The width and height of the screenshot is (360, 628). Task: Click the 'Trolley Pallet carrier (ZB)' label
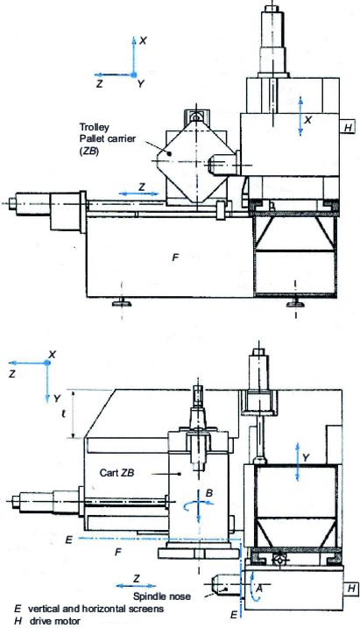click(x=108, y=139)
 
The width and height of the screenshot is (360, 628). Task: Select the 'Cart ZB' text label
click(x=116, y=473)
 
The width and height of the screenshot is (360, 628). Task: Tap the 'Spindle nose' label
click(x=162, y=596)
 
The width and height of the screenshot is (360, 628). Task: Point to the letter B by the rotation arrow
click(x=209, y=493)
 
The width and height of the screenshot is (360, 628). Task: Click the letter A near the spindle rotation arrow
click(x=258, y=589)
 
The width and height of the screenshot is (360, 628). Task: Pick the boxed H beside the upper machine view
click(x=348, y=127)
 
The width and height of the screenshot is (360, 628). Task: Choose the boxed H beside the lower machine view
click(x=351, y=589)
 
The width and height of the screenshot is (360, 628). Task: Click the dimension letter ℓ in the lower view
click(x=64, y=414)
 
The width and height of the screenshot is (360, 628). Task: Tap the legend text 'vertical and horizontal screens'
click(x=95, y=609)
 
